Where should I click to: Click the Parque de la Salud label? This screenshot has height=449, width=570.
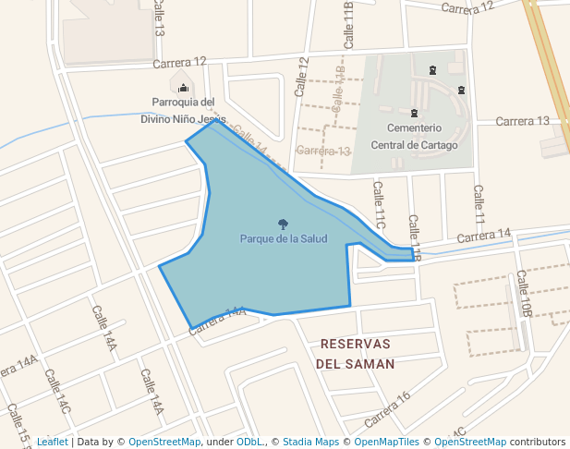284,239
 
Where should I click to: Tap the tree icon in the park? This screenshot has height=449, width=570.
283,224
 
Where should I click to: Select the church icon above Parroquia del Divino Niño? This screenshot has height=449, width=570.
182,87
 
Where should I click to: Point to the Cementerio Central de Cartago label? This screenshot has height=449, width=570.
414,136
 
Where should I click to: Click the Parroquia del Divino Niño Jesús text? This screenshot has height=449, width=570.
183,111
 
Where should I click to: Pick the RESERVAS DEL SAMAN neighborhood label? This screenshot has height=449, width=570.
355,354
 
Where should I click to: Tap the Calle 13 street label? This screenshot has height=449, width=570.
159,18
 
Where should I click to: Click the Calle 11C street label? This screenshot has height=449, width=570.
379,203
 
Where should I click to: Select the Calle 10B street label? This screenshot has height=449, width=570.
525,293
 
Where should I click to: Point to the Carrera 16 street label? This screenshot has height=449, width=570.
387,409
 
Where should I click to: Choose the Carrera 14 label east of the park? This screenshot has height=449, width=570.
484,237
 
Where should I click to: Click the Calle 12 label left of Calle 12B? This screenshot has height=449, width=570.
301,77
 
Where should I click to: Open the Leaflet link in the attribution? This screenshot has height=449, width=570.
52,442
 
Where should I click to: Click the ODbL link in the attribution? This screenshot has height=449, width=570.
248,442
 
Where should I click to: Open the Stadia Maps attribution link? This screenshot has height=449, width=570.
310,442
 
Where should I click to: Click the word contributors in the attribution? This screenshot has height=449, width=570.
537,442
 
